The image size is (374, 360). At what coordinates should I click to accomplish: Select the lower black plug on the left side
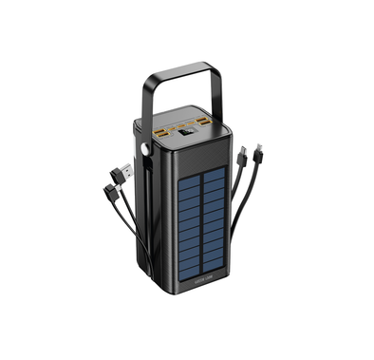111,193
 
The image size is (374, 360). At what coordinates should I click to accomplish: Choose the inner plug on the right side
243,152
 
